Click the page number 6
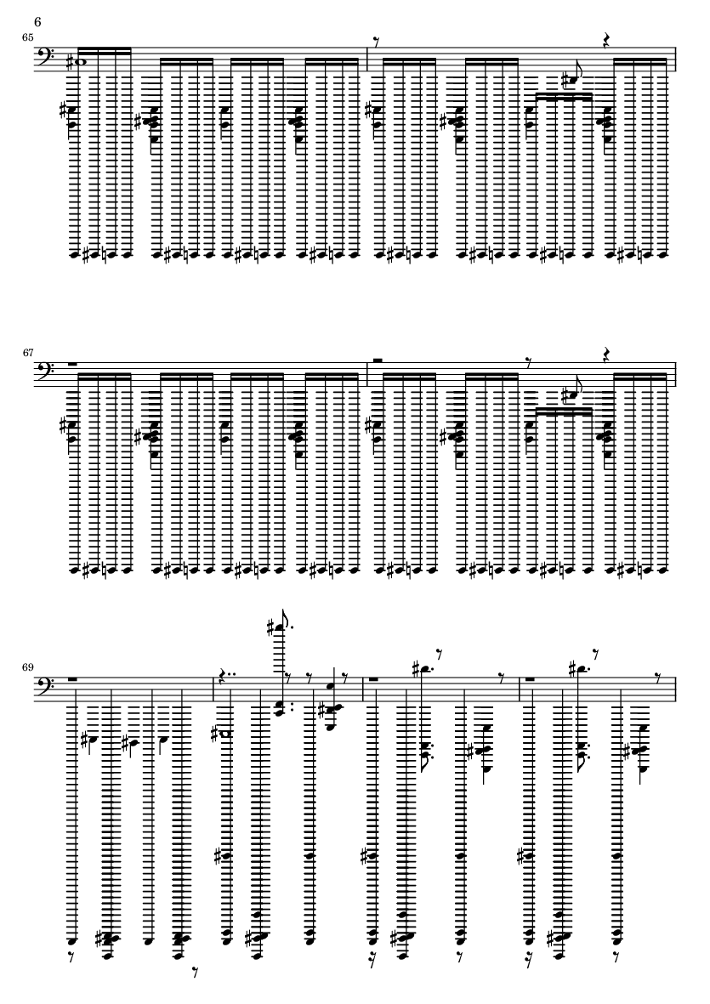37,22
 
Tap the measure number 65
27,37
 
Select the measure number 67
27,352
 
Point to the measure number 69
27,667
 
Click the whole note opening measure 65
79,62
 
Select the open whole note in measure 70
224,734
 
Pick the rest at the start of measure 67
72,363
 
